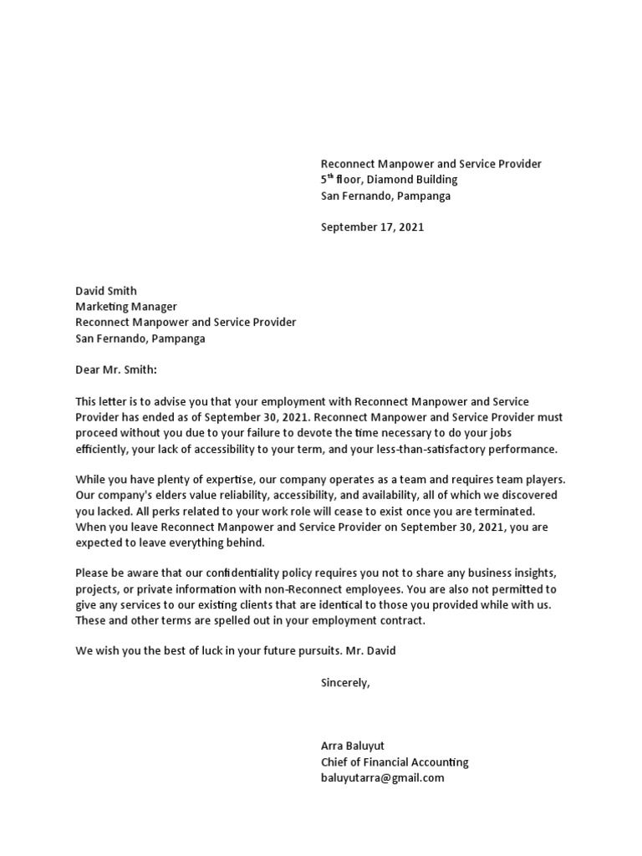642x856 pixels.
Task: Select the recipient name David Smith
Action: point(106,292)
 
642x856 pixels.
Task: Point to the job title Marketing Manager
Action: point(126,308)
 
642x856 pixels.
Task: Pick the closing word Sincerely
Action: point(344,683)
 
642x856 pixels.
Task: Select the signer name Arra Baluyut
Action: point(353,746)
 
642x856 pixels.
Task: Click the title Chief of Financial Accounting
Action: point(395,762)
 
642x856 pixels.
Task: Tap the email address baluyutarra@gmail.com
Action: point(382,778)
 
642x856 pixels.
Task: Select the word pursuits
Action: point(318,651)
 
